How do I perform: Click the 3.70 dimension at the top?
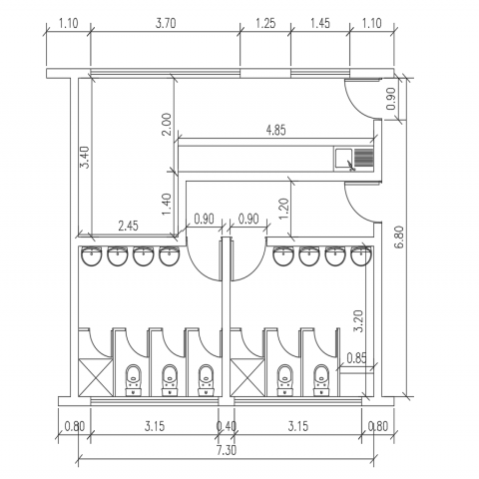click(166, 24)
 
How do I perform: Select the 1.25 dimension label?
click(265, 24)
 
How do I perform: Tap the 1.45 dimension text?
click(320, 24)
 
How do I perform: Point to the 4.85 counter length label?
click(275, 130)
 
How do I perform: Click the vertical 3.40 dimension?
click(85, 158)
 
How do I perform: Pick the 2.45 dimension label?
click(128, 227)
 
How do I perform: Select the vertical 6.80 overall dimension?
click(399, 237)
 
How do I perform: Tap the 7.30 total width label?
click(227, 451)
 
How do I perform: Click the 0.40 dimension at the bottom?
click(227, 426)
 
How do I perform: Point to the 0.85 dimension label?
click(356, 358)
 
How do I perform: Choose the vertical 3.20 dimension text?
click(359, 321)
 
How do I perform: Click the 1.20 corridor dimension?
click(283, 209)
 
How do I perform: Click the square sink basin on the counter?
click(343, 159)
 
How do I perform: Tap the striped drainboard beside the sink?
click(363, 158)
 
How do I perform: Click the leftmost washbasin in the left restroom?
click(91, 256)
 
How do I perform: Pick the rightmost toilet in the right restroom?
click(321, 380)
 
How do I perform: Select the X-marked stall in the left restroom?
click(96, 377)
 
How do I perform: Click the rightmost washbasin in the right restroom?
click(361, 256)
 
